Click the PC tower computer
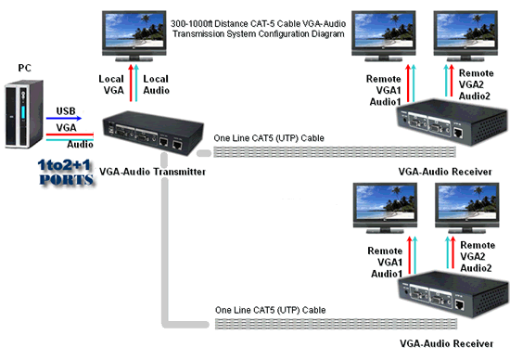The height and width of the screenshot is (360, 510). (24, 114)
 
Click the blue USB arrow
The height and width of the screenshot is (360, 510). (64, 118)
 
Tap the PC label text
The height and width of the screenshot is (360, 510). (25, 68)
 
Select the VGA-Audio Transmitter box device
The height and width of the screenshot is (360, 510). (153, 133)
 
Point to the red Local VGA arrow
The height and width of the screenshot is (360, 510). (131, 83)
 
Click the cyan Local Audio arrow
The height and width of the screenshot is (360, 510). (136, 83)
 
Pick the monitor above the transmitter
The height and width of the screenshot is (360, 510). (134, 36)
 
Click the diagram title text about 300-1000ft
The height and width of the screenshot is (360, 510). (259, 29)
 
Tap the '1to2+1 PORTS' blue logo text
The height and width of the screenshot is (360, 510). (66, 173)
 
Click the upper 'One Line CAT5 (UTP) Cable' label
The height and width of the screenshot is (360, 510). (269, 138)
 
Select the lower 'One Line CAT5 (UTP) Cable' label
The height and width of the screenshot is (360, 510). (270, 310)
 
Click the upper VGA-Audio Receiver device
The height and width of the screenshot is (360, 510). (453, 122)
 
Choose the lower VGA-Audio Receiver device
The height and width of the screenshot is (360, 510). (453, 293)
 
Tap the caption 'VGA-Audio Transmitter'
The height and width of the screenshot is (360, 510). (152, 172)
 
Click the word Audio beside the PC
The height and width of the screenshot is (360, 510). (80, 144)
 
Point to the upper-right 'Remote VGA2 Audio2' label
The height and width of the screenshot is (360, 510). (477, 84)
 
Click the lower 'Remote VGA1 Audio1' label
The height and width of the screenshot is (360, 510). (386, 262)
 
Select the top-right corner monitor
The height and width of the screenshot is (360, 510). (465, 36)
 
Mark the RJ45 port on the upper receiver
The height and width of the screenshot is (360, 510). (458, 133)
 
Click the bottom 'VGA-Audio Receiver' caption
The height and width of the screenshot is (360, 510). (446, 343)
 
